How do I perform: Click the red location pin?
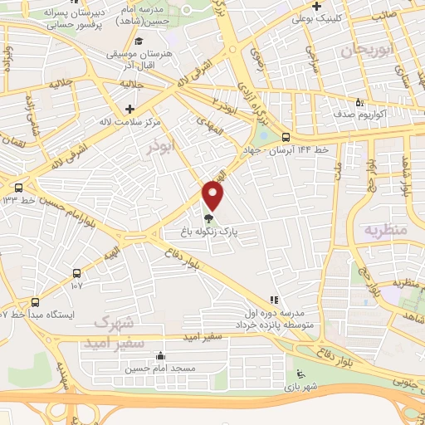(213, 196)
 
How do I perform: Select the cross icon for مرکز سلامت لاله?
(129, 108)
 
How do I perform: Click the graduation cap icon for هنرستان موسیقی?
(139, 42)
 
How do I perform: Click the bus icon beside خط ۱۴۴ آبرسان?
(286, 138)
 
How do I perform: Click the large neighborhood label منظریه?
(385, 230)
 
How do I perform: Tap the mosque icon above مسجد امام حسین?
(160, 356)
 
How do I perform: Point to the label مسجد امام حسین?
(149, 369)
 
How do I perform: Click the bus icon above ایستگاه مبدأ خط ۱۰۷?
(35, 302)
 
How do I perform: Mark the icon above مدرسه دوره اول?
(273, 300)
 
